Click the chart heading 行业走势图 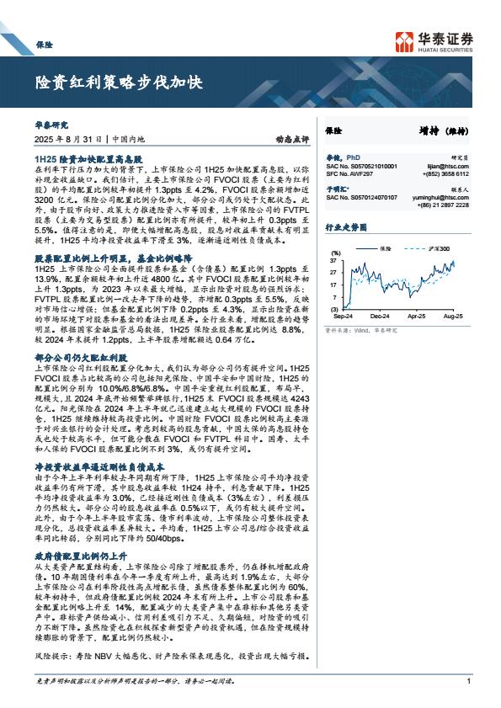tap(347, 227)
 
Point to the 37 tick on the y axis tap(333, 260)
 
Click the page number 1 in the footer tap(467, 681)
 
